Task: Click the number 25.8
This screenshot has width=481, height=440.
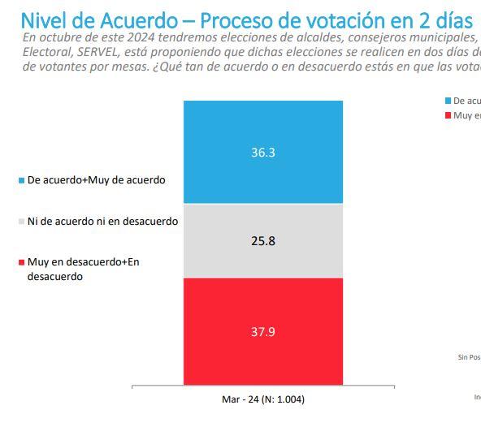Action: point(262,240)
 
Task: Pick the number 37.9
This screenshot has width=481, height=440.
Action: point(262,331)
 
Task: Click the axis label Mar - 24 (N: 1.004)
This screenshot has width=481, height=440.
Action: point(262,399)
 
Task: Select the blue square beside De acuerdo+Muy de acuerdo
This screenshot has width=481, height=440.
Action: point(21,180)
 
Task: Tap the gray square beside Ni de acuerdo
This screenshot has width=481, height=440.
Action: point(21,222)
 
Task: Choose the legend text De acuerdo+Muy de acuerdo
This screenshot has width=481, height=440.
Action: point(96,180)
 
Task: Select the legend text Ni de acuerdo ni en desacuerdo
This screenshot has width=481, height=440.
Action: point(102,221)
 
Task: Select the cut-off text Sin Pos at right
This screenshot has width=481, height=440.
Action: point(469,356)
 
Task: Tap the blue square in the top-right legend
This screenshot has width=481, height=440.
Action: point(448,101)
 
